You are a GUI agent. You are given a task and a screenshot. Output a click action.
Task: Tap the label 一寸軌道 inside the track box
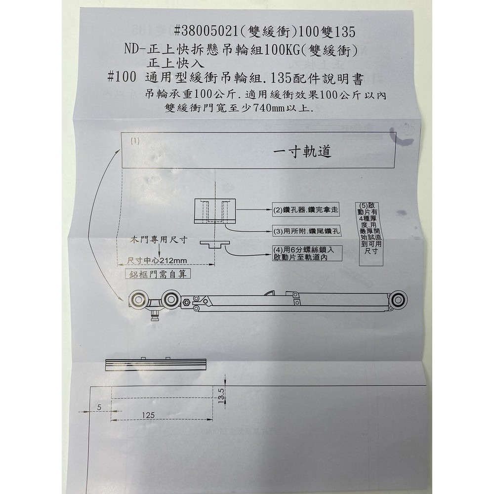[x=302, y=152]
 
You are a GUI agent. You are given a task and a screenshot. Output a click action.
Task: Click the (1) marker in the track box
[x=135, y=140]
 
